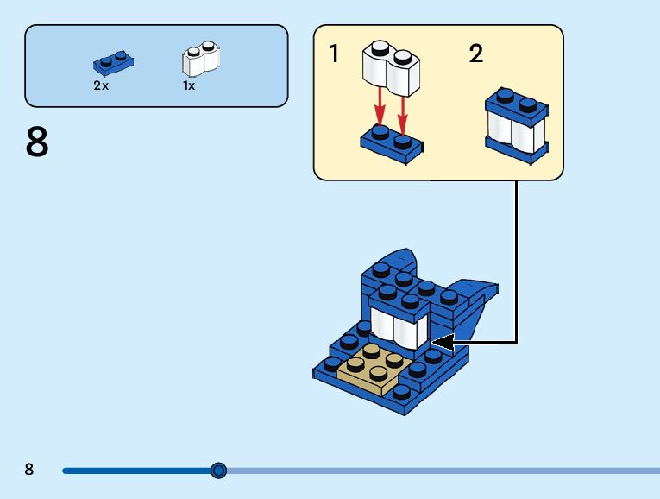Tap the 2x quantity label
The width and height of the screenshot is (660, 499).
pyautogui.click(x=102, y=85)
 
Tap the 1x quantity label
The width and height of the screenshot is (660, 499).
pyautogui.click(x=188, y=85)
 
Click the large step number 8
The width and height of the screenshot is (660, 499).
pyautogui.click(x=37, y=142)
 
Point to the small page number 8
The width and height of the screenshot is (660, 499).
pyautogui.click(x=29, y=470)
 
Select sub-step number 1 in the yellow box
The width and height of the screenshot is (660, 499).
pyautogui.click(x=334, y=54)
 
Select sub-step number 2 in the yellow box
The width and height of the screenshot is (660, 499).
pyautogui.click(x=476, y=54)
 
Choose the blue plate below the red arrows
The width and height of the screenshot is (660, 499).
pyautogui.click(x=391, y=143)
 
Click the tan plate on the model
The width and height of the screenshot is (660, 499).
pyautogui.click(x=374, y=368)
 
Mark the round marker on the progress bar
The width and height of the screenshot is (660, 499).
pyautogui.click(x=219, y=471)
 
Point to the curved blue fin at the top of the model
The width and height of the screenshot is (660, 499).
pyautogui.click(x=399, y=262)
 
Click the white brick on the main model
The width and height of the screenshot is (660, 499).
pyautogui.click(x=399, y=329)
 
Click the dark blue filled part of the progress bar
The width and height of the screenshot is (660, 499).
pyautogui.click(x=138, y=471)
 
